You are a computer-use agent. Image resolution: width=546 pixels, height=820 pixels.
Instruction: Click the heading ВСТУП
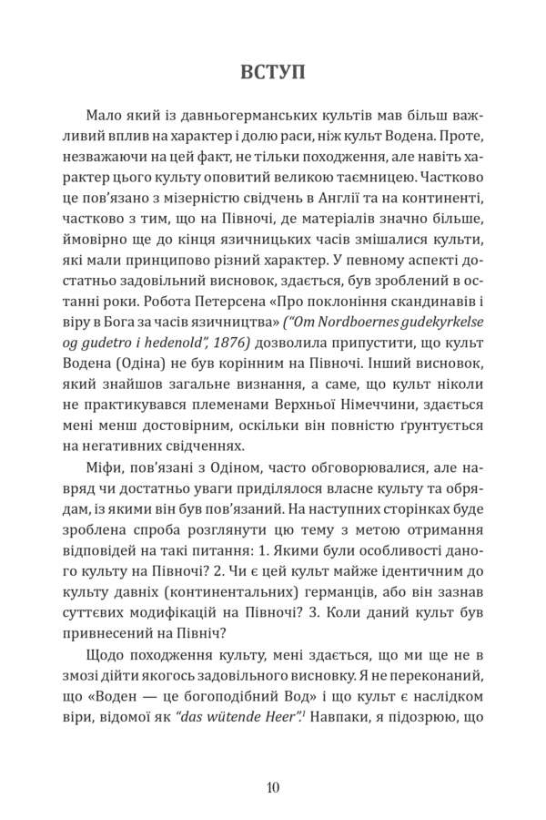pos(273,70)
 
